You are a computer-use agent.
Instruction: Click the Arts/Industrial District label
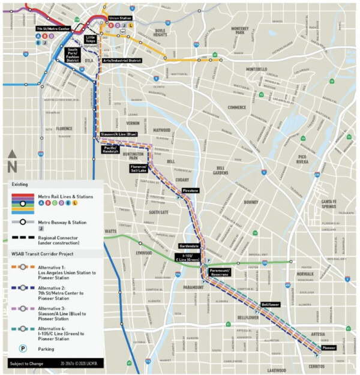[x=121, y=60]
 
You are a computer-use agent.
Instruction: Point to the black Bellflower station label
[x=271, y=304]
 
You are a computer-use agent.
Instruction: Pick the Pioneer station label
[x=328, y=347]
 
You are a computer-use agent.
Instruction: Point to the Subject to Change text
[x=27, y=364]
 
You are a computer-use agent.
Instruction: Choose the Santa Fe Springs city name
[x=329, y=203]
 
